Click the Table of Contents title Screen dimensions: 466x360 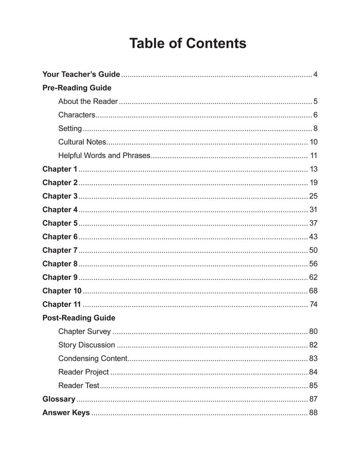[x=188, y=43]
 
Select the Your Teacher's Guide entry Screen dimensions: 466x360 [x=81, y=74]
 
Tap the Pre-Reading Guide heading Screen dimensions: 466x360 [x=77, y=88]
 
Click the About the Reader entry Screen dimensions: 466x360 [x=88, y=101]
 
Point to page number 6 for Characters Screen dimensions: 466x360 [x=315, y=115]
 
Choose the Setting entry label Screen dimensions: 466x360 [x=70, y=128]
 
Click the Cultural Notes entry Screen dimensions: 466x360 [x=82, y=142]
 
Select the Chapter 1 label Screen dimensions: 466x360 [x=60, y=169]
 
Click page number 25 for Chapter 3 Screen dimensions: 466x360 [x=313, y=196]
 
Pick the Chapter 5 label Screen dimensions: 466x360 [x=60, y=223]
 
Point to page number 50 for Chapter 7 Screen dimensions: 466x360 [x=313, y=250]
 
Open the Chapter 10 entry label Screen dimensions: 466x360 [x=62, y=291]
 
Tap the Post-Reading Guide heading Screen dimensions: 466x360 [x=79, y=318]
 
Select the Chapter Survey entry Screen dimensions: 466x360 [x=84, y=331]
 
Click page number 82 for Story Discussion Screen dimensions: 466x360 [x=313, y=345]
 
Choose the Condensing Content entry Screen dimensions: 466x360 [x=93, y=358]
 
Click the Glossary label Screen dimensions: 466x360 [x=59, y=399]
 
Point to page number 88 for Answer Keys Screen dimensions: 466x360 [x=313, y=412]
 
